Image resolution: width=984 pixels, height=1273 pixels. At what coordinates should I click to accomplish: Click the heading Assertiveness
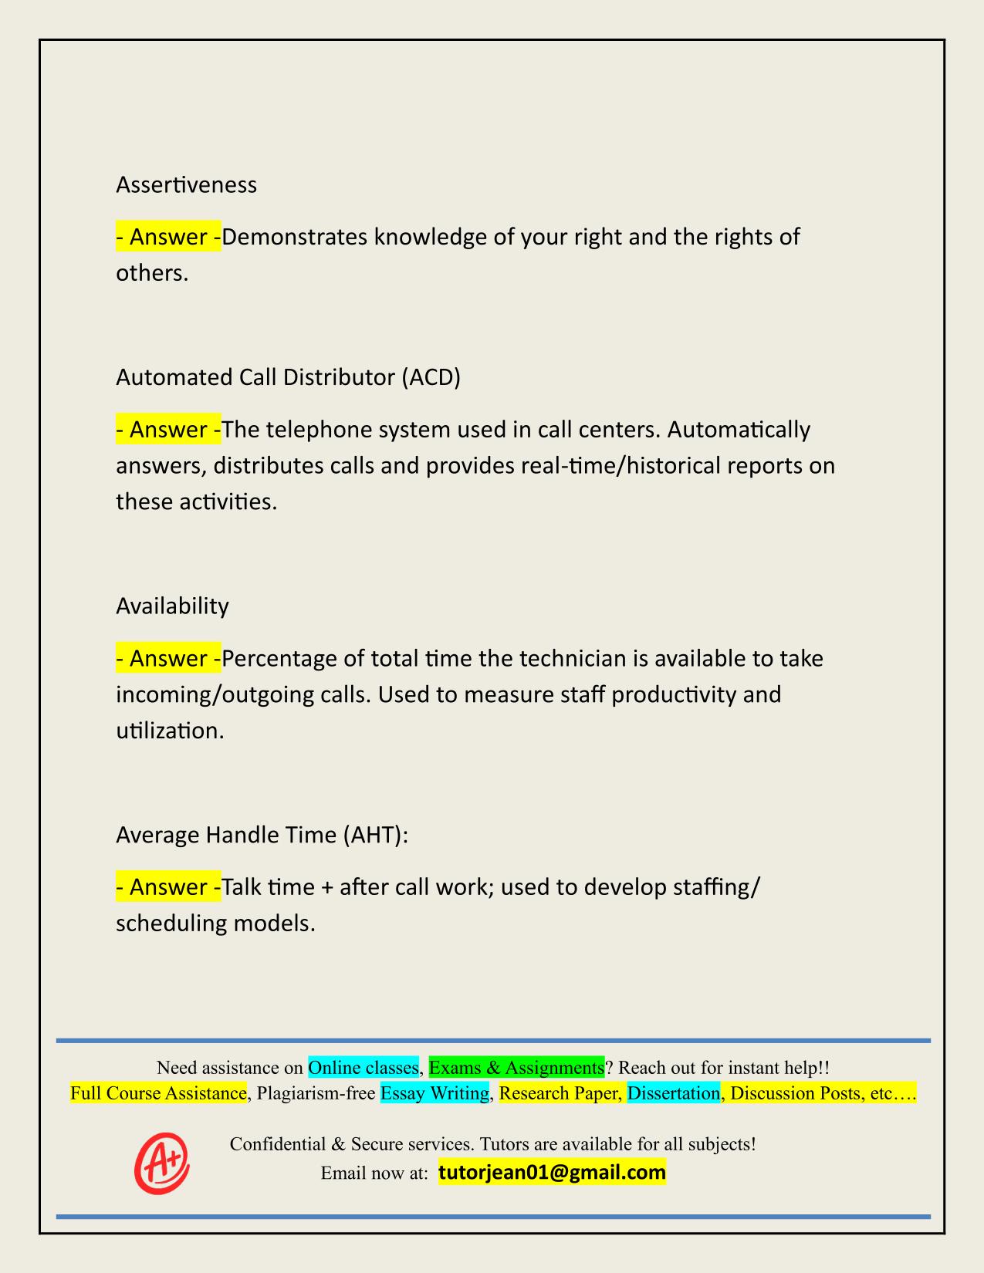point(186,185)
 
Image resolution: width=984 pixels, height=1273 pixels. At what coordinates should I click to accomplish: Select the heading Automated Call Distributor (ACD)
point(288,377)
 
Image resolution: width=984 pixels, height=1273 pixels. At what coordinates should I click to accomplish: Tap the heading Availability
point(172,606)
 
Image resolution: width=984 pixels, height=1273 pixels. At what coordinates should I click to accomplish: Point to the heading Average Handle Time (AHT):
point(262,835)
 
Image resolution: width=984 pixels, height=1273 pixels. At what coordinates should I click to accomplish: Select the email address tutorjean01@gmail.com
point(552,1173)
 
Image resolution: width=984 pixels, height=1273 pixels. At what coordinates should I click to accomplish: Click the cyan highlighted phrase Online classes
point(364,1068)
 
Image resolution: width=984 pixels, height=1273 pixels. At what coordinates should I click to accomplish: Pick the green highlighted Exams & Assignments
point(516,1068)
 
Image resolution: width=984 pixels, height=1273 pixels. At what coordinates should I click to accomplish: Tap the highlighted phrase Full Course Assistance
point(158,1093)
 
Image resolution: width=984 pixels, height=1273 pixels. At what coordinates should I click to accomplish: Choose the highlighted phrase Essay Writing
point(435,1093)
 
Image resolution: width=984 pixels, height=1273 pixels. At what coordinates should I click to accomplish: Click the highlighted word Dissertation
point(673,1093)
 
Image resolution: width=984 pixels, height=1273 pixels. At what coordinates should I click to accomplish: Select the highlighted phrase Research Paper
point(560,1093)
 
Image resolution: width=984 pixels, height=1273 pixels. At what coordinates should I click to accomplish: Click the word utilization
point(170,731)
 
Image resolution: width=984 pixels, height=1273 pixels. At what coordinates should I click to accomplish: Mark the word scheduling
point(171,924)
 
